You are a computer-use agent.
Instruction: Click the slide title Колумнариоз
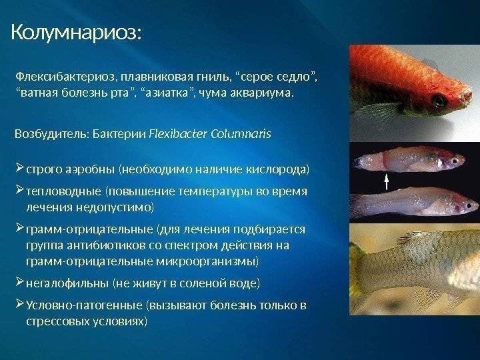click(x=77, y=33)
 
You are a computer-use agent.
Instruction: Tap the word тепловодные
click(x=63, y=191)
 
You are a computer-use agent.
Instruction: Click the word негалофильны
click(x=67, y=283)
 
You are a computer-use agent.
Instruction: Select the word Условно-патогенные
click(x=84, y=305)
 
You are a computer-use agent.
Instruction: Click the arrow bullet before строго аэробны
click(x=19, y=168)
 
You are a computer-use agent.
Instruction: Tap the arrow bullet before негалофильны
click(x=19, y=281)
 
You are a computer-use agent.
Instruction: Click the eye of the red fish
click(x=439, y=100)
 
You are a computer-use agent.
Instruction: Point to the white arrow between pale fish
click(x=387, y=182)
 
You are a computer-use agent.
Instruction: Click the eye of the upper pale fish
click(x=455, y=161)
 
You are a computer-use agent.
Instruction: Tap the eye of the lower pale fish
click(x=469, y=206)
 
